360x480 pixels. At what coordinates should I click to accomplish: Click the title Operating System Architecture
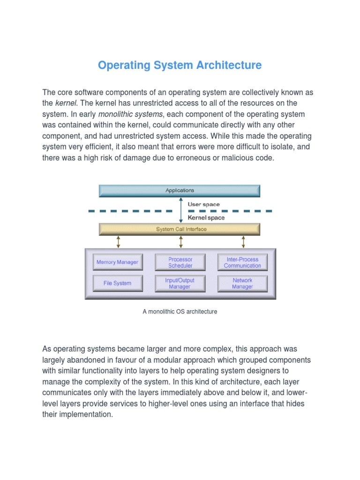pyautogui.click(x=180, y=65)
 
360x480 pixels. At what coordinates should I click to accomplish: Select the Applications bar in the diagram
pyautogui.click(x=180, y=191)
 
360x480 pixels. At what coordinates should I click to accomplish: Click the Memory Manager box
pyautogui.click(x=117, y=262)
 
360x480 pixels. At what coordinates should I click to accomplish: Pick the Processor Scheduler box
pyautogui.click(x=180, y=262)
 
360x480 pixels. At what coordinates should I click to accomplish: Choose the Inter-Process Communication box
pyautogui.click(x=242, y=262)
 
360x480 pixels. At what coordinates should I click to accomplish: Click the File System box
pyautogui.click(x=117, y=284)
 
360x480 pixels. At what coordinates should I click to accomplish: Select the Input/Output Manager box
pyautogui.click(x=180, y=284)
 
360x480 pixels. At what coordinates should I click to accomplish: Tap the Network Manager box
pyautogui.click(x=242, y=284)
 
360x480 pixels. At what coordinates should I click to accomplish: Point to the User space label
pyautogui.click(x=203, y=204)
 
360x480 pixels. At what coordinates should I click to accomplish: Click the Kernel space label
pyautogui.click(x=206, y=217)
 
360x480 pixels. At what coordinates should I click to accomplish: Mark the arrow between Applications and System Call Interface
pyautogui.click(x=181, y=210)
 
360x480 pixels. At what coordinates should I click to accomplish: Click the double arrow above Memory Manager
pyautogui.click(x=118, y=242)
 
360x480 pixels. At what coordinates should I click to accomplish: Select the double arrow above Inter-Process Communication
pyautogui.click(x=243, y=242)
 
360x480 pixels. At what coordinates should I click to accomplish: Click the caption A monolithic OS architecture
pyautogui.click(x=180, y=312)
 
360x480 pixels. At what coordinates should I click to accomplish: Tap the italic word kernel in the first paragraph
pyautogui.click(x=66, y=103)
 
